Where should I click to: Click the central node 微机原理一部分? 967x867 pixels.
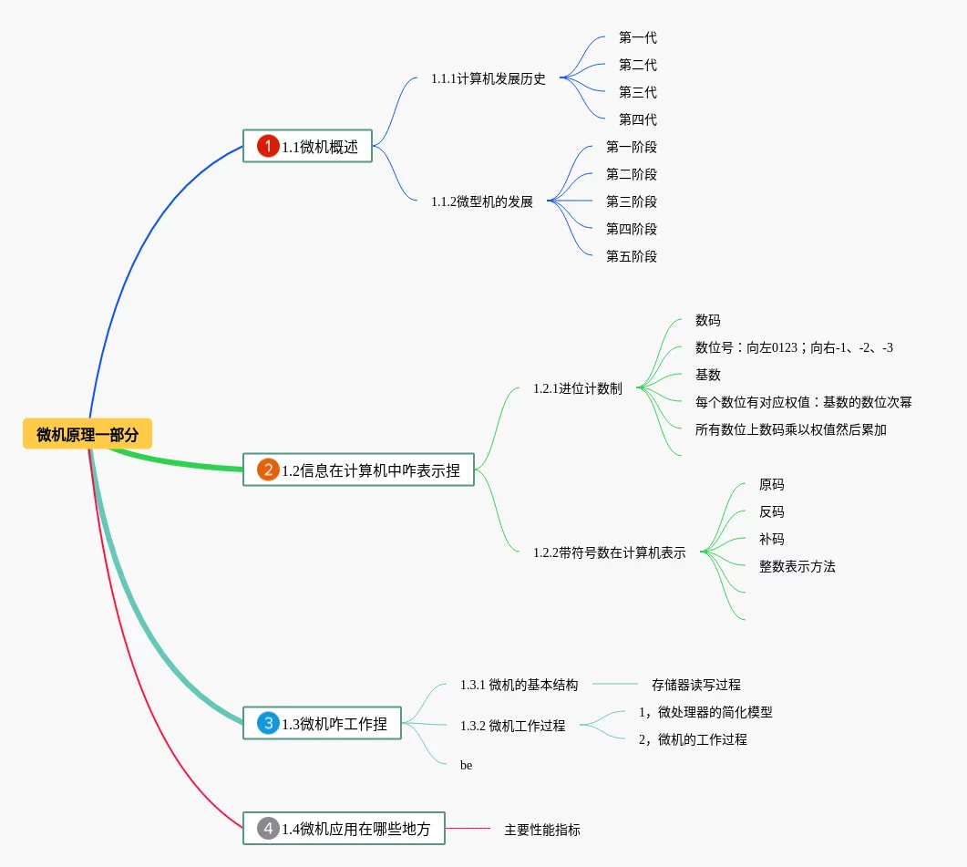click(x=87, y=435)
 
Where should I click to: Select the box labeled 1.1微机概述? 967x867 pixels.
click(x=307, y=146)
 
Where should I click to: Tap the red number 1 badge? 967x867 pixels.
click(x=268, y=146)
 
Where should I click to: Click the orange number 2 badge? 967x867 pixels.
click(x=268, y=470)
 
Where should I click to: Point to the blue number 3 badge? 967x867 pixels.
click(x=268, y=724)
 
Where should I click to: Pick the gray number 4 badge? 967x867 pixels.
click(x=268, y=829)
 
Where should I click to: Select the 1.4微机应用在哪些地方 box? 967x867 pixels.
click(x=344, y=829)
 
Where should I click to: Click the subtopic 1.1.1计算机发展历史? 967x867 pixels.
click(x=489, y=78)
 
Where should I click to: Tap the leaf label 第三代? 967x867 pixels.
click(x=637, y=92)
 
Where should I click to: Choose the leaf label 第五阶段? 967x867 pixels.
click(x=631, y=256)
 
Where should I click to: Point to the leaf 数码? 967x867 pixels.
click(x=707, y=320)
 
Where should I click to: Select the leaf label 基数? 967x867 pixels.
click(x=707, y=375)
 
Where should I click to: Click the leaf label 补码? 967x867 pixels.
click(x=771, y=539)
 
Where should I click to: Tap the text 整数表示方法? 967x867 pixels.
click(x=797, y=566)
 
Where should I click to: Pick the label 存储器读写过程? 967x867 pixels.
click(x=695, y=685)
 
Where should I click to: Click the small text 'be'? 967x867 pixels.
click(x=466, y=766)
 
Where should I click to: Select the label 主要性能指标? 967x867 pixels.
click(x=541, y=830)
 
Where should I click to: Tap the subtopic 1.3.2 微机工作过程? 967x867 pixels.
click(x=512, y=726)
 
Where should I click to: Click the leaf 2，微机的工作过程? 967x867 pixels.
click(x=693, y=739)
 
